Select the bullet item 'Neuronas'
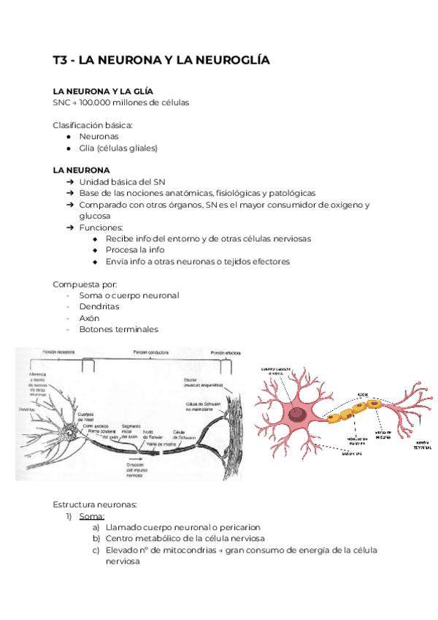click(99, 136)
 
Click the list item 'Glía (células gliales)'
click(118, 148)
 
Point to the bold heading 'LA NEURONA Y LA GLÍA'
click(103, 91)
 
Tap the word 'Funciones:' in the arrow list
click(102, 227)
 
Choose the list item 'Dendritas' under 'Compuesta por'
click(99, 307)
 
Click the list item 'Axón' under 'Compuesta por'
click(90, 319)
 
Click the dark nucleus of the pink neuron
click(298, 415)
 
